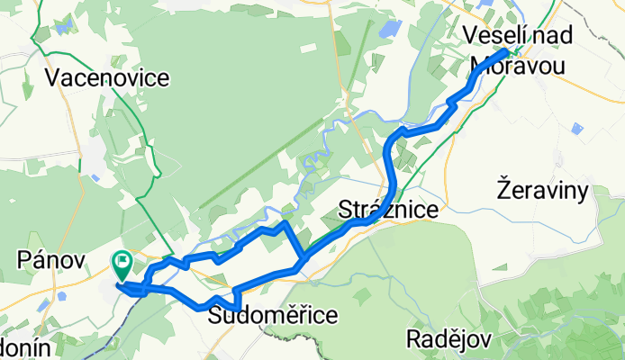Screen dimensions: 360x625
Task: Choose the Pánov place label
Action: point(50,260)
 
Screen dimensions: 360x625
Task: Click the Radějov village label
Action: point(446,339)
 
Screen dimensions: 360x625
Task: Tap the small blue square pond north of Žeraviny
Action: point(576,130)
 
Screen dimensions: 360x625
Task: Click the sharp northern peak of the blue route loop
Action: point(285,222)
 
